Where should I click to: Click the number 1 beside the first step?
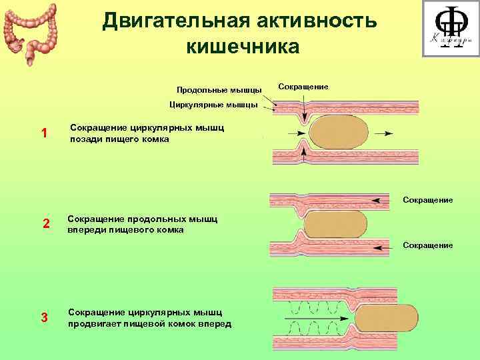pyautogui.click(x=44, y=133)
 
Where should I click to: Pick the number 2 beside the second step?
pyautogui.click(x=45, y=223)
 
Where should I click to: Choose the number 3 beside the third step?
pyautogui.click(x=45, y=317)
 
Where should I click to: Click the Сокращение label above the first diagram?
pyautogui.click(x=303, y=87)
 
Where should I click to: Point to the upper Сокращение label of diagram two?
pyautogui.click(x=427, y=199)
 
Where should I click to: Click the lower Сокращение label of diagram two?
pyautogui.click(x=427, y=245)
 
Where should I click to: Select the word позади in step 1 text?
pyautogui.click(x=85, y=140)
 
